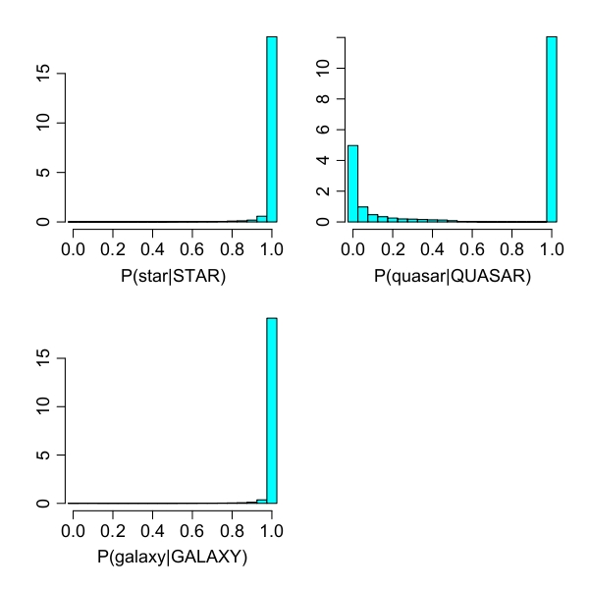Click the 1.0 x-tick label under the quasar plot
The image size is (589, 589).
pos(552,248)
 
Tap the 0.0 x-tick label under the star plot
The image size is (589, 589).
pos(73,248)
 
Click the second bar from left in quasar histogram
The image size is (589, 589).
pos(362,214)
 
